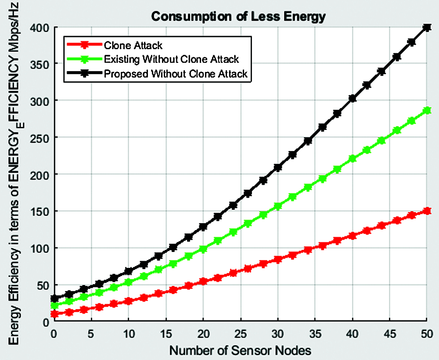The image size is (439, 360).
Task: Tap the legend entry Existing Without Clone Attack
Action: click(x=171, y=59)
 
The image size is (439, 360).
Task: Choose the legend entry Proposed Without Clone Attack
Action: click(x=176, y=74)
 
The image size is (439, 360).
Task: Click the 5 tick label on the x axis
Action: click(x=91, y=334)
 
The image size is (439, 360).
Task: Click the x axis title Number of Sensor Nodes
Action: click(x=240, y=351)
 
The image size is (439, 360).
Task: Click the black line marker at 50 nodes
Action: click(x=426, y=28)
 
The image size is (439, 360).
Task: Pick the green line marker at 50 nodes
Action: click(x=426, y=110)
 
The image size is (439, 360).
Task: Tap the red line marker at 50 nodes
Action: click(x=426, y=211)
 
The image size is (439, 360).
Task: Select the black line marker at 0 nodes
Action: click(x=54, y=299)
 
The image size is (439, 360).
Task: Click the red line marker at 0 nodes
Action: click(x=54, y=314)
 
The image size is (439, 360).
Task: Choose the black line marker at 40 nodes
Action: click(x=352, y=99)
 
